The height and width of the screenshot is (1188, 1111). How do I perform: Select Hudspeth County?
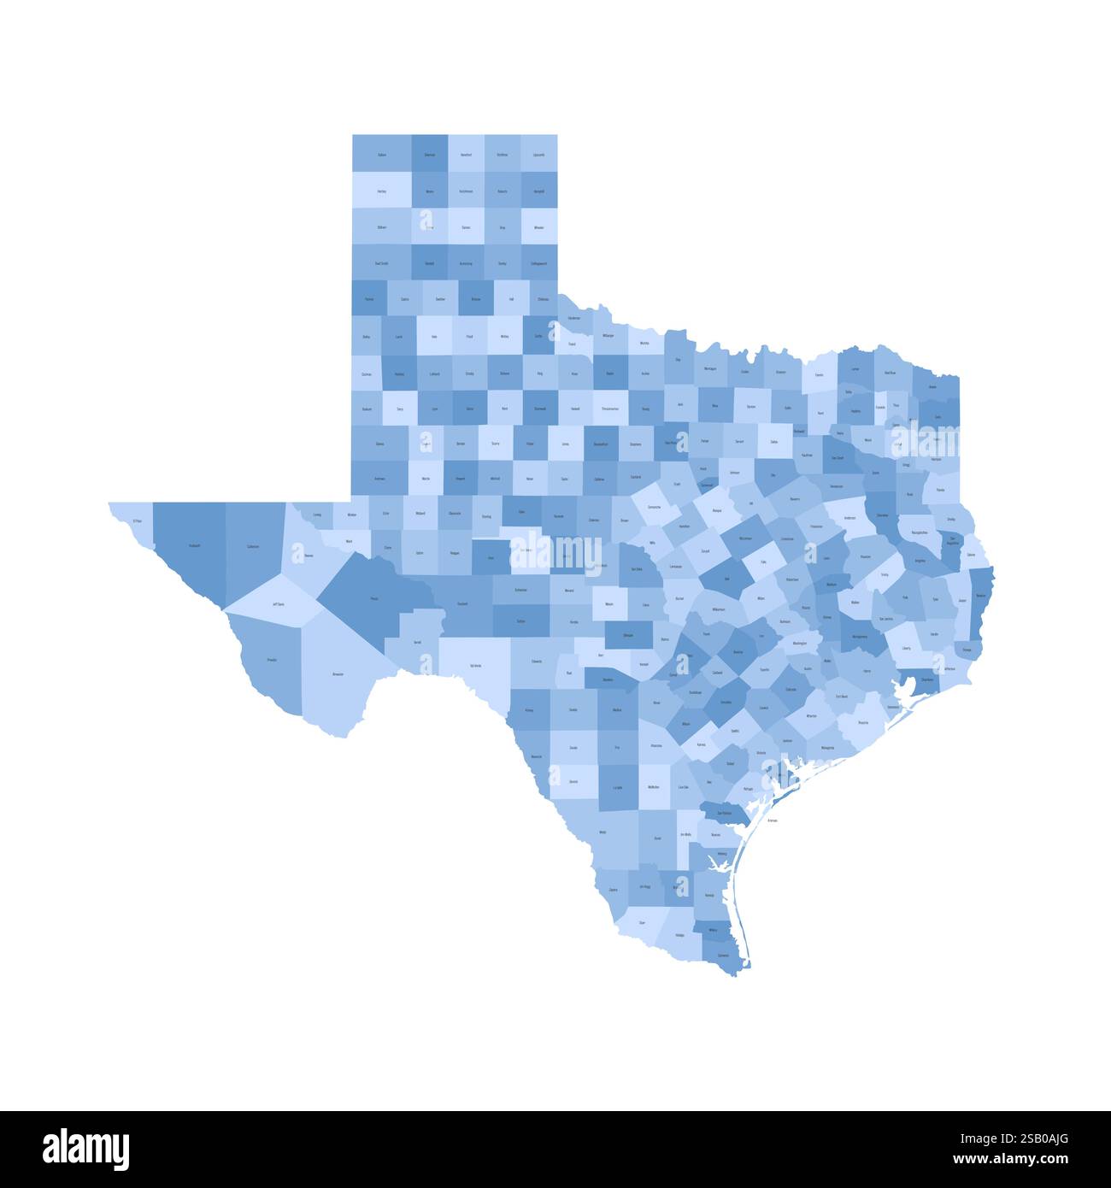tap(194, 545)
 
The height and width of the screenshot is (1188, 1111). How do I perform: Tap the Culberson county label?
tap(253, 546)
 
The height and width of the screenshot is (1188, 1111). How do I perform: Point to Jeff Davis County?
tap(278, 604)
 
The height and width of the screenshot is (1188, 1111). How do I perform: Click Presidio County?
tap(272, 660)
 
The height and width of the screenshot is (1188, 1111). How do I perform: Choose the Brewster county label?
tap(338, 675)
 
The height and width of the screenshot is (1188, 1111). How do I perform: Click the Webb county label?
tap(603, 832)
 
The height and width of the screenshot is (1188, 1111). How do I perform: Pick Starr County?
tap(641, 923)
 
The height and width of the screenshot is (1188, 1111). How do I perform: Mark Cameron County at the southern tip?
tap(723, 956)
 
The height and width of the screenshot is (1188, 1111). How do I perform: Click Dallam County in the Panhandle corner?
tap(382, 155)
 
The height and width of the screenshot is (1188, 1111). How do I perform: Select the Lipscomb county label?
tap(538, 155)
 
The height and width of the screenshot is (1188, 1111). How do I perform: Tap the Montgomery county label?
tap(859, 637)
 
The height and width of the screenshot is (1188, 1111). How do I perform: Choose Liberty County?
tap(906, 648)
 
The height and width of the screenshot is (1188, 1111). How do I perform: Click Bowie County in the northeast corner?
tap(932, 386)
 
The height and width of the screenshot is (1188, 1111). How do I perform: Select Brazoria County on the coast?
tap(863, 722)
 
